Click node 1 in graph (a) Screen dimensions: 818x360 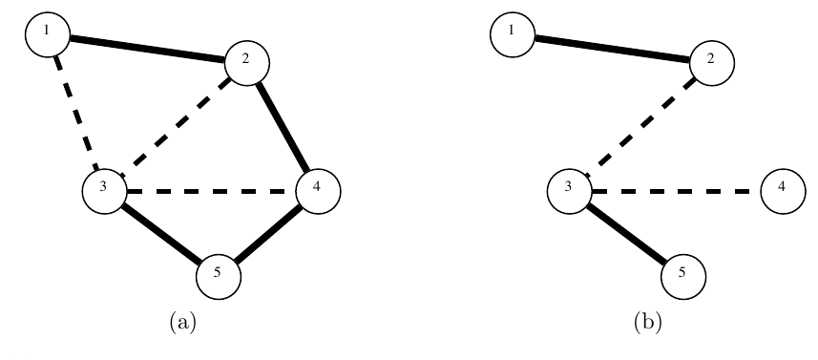[x=48, y=34]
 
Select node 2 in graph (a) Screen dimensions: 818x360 [x=247, y=63]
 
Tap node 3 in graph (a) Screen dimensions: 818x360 [x=104, y=192]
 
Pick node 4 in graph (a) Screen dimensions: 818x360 [x=318, y=192]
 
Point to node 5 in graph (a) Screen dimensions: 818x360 [x=219, y=277]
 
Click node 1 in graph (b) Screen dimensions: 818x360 [x=513, y=34]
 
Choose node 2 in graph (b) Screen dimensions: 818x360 [x=712, y=63]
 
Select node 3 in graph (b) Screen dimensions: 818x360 [x=569, y=192]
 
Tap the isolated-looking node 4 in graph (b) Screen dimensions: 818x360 [x=783, y=192]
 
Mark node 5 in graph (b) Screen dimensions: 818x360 [x=683, y=277]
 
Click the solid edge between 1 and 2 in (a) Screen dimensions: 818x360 [x=147, y=49]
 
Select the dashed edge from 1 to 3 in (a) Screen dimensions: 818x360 [x=76, y=113]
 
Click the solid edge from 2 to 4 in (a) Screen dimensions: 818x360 [x=283, y=127]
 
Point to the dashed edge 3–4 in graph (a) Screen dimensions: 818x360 [x=211, y=192]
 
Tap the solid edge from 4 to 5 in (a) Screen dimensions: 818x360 [x=268, y=234]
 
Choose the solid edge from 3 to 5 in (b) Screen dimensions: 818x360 [x=626, y=234]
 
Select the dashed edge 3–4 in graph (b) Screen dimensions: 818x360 [x=676, y=192]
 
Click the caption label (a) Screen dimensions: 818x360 [x=182, y=323]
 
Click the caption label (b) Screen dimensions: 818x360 [x=647, y=323]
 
